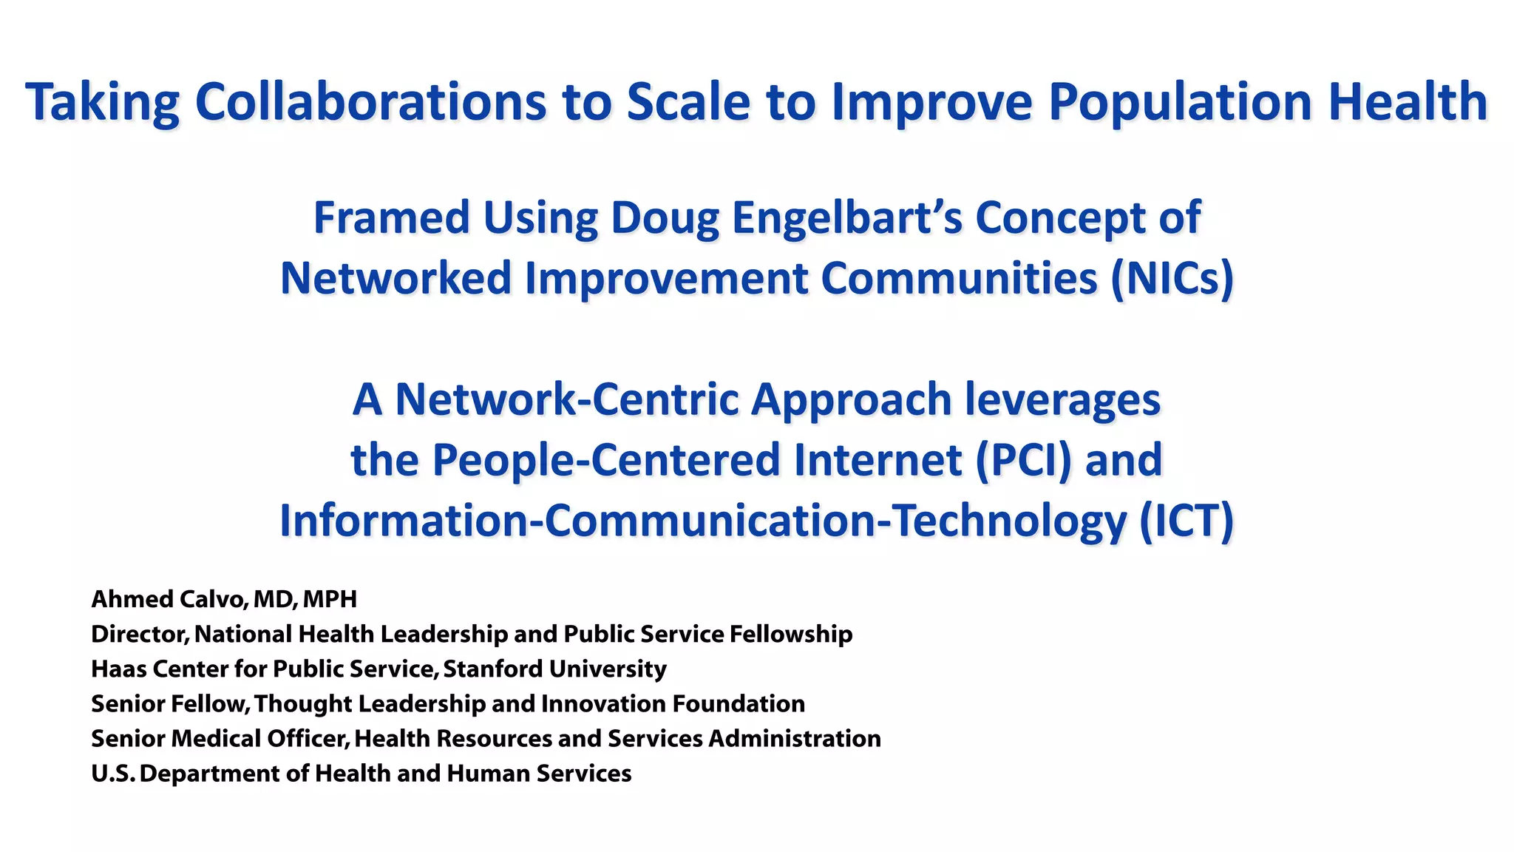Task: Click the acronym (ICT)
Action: [x=1186, y=521]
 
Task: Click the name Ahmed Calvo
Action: [x=168, y=599]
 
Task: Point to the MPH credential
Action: [x=330, y=599]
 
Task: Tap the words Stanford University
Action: [x=554, y=669]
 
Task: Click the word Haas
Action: [x=115, y=669]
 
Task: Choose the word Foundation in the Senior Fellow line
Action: [x=738, y=703]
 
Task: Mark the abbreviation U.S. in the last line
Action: [x=112, y=774]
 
